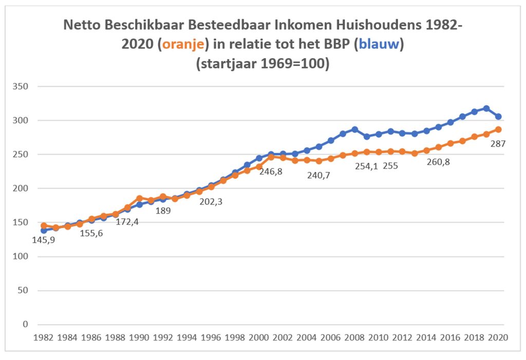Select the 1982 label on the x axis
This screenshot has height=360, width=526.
pyautogui.click(x=44, y=337)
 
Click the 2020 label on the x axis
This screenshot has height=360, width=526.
pyautogui.click(x=498, y=337)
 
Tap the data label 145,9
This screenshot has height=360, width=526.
pyautogui.click(x=44, y=239)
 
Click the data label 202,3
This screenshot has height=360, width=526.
pyautogui.click(x=211, y=202)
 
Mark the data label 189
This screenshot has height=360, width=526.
pyautogui.click(x=163, y=210)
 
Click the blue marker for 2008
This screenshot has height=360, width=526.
pyautogui.click(x=354, y=129)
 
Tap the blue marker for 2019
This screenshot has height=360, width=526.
pyautogui.click(x=486, y=108)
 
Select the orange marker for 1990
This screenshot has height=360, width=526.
pyautogui.click(x=139, y=198)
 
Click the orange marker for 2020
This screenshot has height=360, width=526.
pyautogui.click(x=498, y=129)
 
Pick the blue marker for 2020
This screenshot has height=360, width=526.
pyautogui.click(x=498, y=117)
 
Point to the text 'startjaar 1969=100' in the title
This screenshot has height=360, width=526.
pyautogui.click(x=262, y=65)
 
